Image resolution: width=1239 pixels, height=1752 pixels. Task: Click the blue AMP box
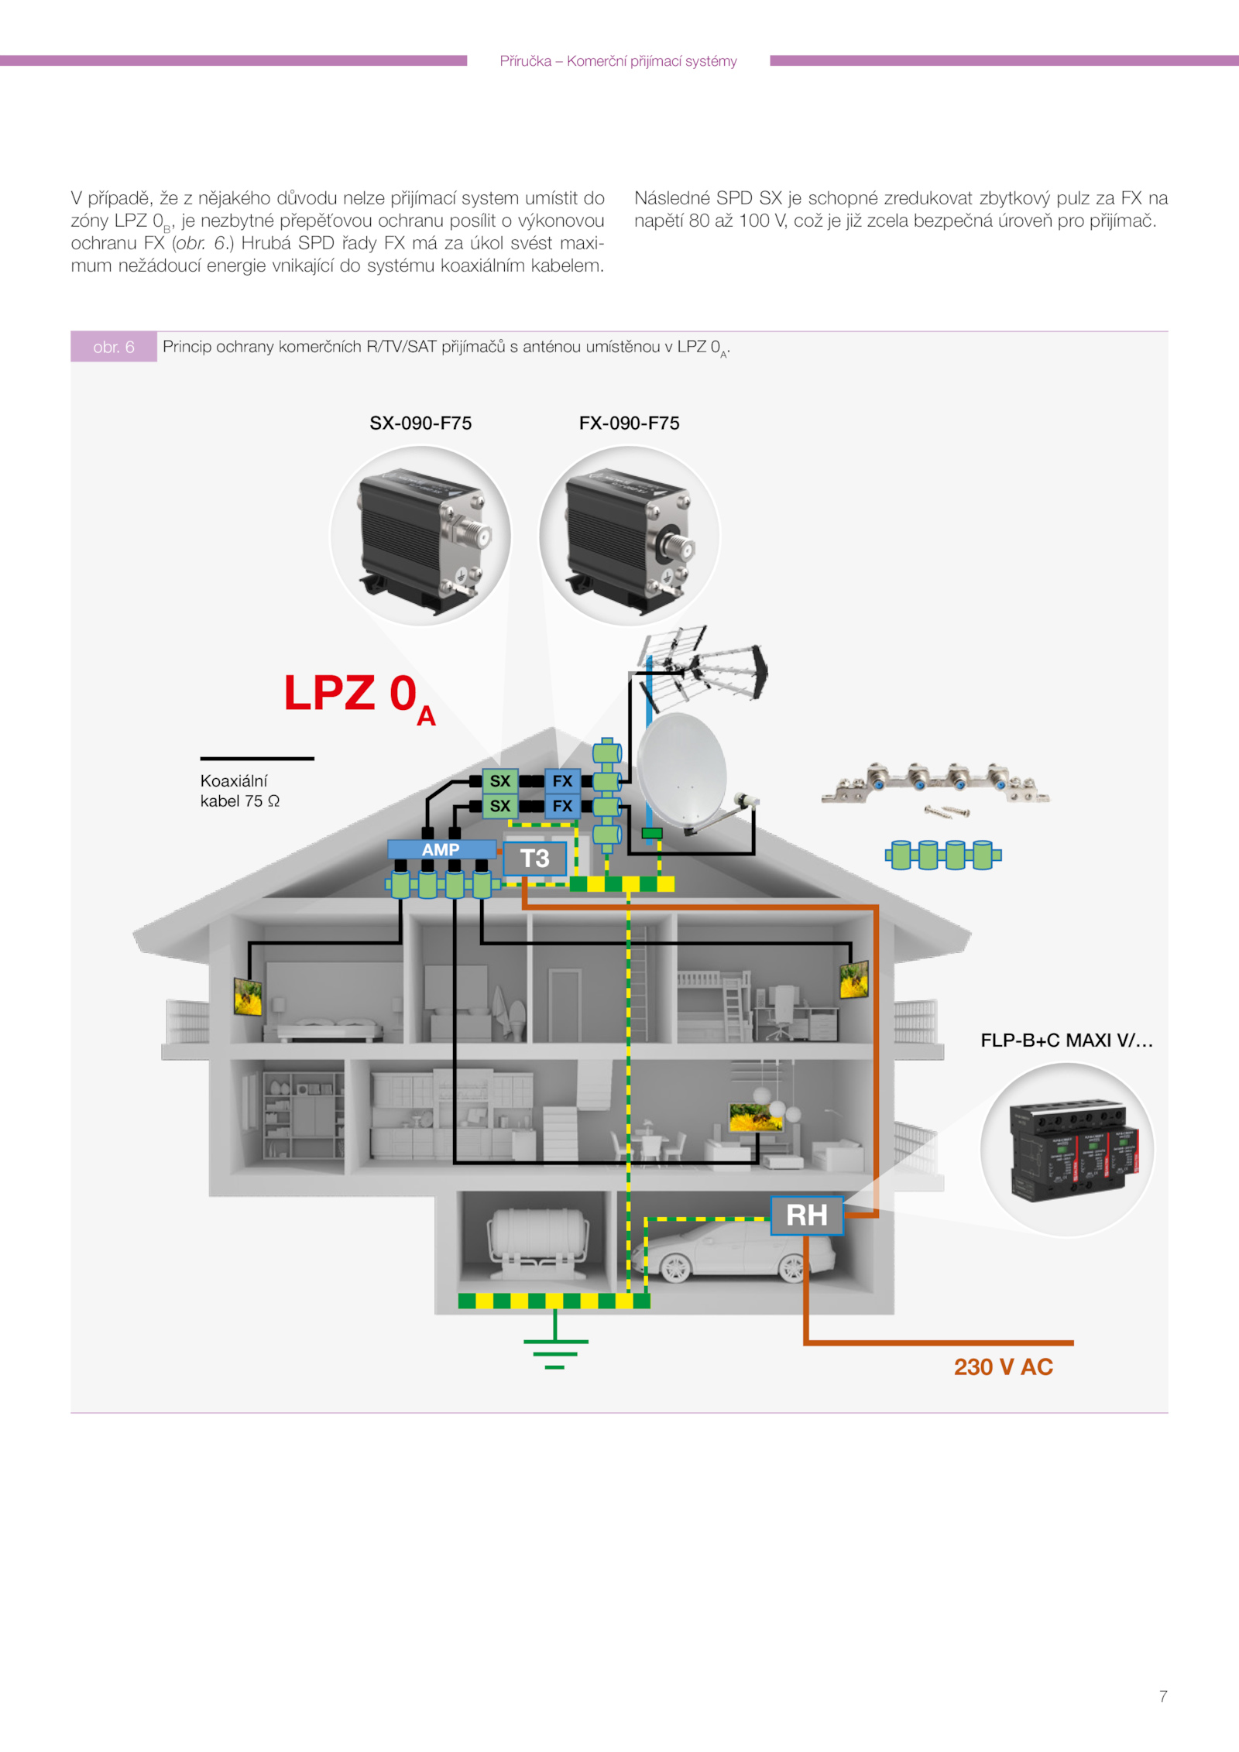click(441, 849)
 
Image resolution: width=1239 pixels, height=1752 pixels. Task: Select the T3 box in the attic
click(534, 859)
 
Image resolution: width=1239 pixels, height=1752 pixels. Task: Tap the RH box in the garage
click(806, 1215)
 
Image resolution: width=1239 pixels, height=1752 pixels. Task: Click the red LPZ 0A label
click(359, 695)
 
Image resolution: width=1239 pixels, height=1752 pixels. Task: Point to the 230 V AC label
click(1003, 1366)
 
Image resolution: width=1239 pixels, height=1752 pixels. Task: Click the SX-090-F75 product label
click(420, 423)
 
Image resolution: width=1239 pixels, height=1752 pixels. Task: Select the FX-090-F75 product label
click(629, 423)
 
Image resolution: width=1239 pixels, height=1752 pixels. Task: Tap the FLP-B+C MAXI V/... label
click(1066, 1040)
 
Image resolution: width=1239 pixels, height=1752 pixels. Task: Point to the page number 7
click(1162, 1696)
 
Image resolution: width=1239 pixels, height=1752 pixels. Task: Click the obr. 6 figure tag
click(114, 347)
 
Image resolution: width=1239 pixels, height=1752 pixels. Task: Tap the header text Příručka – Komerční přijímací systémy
click(618, 61)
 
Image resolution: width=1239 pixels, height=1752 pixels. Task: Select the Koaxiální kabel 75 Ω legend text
click(239, 790)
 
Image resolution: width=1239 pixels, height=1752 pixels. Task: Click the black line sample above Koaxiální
click(257, 759)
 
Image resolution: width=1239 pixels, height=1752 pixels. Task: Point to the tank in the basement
click(536, 1236)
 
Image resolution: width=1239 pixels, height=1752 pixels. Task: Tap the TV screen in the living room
click(756, 1116)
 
